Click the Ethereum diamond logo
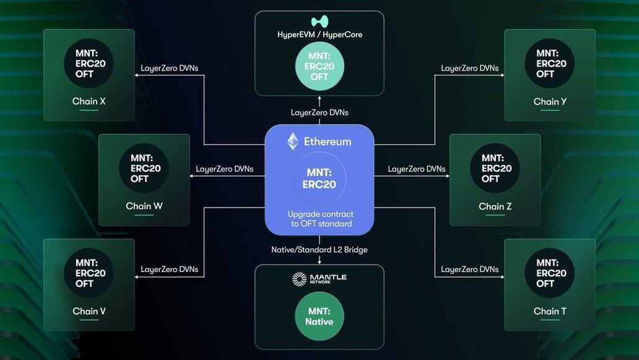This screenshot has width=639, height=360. [292, 141]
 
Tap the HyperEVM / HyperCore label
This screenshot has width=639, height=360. [319, 35]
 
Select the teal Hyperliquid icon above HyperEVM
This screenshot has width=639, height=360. [319, 20]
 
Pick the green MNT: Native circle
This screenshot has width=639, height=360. [319, 317]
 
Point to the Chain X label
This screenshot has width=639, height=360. [89, 101]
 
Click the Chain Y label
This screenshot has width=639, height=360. [550, 102]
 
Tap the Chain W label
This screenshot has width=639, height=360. [144, 206]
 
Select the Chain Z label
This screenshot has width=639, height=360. [495, 206]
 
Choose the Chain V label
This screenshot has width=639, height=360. [89, 311]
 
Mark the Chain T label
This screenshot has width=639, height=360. [550, 311]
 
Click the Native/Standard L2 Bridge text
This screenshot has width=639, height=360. [319, 250]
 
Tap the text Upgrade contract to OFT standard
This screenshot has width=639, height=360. [319, 219]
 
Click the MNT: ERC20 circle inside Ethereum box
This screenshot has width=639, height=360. [319, 179]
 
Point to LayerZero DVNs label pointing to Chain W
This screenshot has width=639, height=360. [224, 169]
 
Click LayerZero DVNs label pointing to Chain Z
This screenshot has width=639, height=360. [416, 169]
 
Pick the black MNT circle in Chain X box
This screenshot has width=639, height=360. [89, 63]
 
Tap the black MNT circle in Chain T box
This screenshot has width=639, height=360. [550, 273]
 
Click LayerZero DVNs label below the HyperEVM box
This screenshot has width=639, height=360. [319, 113]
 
